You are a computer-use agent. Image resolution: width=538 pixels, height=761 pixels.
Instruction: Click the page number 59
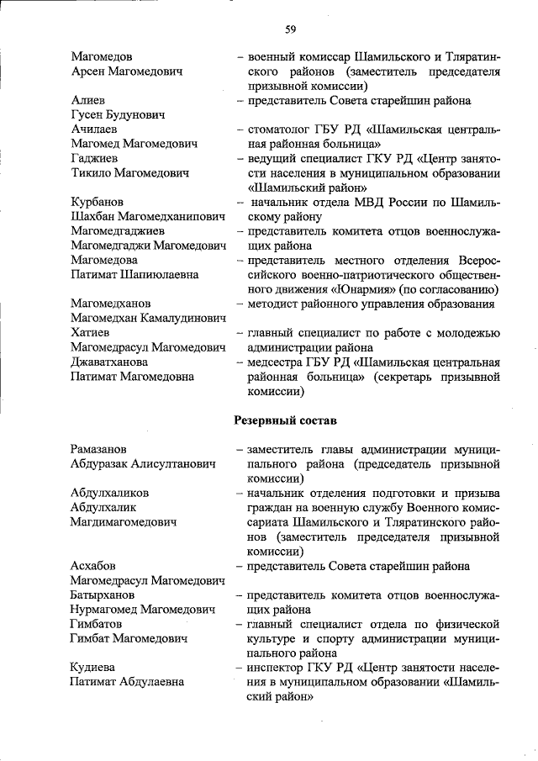[290, 30]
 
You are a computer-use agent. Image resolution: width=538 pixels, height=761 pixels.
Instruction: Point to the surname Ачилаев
[94, 129]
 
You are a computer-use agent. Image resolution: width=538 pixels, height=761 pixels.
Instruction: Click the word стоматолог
[278, 129]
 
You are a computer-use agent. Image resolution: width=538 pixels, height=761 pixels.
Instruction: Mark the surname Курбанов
[98, 203]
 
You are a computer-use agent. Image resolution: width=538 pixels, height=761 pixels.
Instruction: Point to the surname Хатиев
[90, 333]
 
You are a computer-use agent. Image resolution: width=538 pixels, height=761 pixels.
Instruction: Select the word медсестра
[275, 362]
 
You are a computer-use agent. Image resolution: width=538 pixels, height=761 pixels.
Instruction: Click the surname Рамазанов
[100, 449]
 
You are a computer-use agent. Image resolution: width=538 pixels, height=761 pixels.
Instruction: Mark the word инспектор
[275, 668]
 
